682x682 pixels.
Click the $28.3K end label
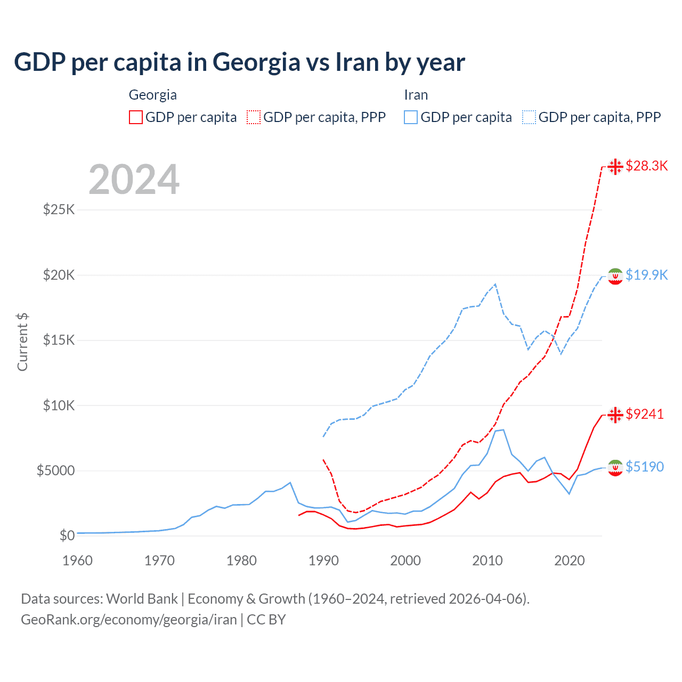click(646, 166)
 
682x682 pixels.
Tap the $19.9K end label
click(646, 275)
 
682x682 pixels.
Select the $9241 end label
click(645, 414)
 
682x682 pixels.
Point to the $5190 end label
click(645, 467)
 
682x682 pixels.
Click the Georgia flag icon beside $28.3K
click(615, 166)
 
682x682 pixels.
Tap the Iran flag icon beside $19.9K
click(615, 276)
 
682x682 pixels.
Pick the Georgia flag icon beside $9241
click(615, 415)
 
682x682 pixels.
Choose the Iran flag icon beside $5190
click(615, 467)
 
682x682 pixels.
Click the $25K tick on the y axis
click(59, 209)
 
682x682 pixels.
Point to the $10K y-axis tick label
click(59, 405)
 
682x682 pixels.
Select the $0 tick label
click(67, 535)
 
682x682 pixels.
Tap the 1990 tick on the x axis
click(323, 561)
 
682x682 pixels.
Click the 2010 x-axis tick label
click(488, 561)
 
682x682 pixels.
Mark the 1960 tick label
click(78, 561)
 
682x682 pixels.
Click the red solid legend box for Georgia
click(136, 117)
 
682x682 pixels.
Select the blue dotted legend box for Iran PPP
click(529, 117)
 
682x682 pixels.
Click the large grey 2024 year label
click(134, 180)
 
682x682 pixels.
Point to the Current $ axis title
click(22, 342)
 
